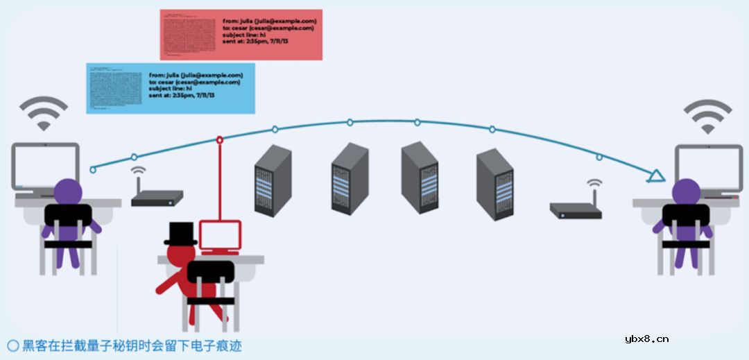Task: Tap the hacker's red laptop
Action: tap(220, 237)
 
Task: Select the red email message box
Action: tap(241, 34)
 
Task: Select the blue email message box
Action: tap(171, 87)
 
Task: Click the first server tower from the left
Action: tap(273, 182)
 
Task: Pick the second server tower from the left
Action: tap(350, 178)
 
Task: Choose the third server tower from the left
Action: tap(420, 177)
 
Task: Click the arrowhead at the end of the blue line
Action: tap(654, 177)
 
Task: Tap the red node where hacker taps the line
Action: tap(220, 140)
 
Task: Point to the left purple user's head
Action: tap(68, 191)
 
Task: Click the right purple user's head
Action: tap(686, 191)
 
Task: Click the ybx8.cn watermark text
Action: tap(646, 339)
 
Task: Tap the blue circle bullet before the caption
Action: tap(12, 345)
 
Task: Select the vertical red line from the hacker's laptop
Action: tap(220, 180)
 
